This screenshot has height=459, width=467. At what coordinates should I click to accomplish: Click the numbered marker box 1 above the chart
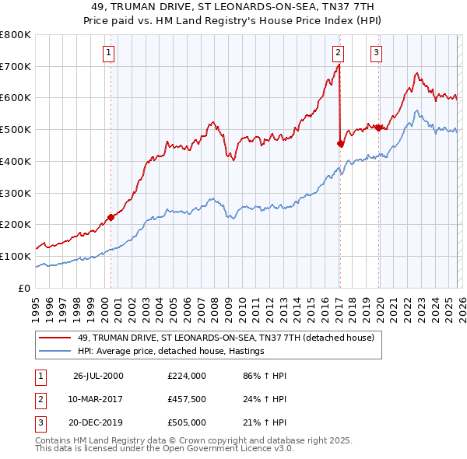tap(107, 53)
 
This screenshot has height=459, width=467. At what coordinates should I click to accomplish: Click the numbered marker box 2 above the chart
tap(339, 53)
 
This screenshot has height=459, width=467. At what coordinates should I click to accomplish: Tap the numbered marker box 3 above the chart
tap(376, 53)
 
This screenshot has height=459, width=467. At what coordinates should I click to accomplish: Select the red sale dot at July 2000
tap(111, 217)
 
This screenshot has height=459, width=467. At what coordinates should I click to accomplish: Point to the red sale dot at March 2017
tap(340, 143)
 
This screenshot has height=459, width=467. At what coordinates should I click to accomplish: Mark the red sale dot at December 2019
tap(378, 128)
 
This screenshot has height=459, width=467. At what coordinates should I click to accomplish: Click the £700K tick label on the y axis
tap(16, 66)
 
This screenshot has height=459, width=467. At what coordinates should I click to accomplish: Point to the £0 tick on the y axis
tap(24, 288)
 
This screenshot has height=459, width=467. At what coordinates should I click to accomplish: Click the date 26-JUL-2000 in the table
tap(98, 376)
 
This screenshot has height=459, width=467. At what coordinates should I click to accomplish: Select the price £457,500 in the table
tap(186, 399)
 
